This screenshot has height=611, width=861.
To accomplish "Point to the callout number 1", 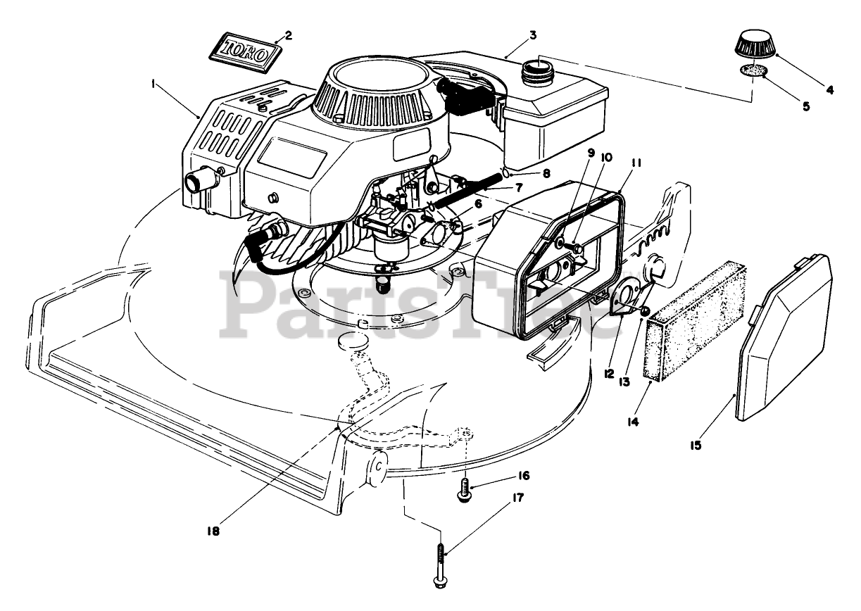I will [x=153, y=83].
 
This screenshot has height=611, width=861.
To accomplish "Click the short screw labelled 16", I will [x=464, y=490].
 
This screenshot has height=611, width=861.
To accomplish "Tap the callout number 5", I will [x=805, y=107].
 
